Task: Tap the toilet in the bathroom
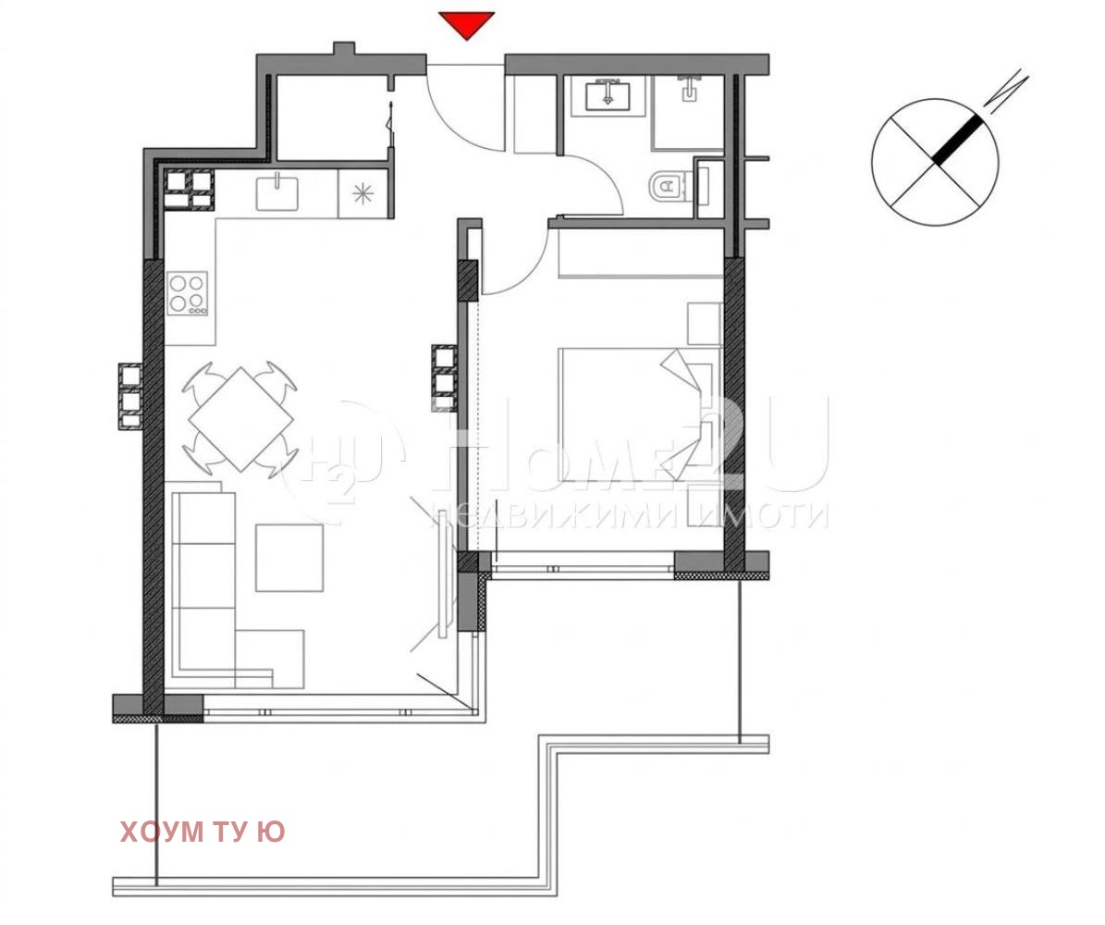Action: (666, 188)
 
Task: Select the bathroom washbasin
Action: (606, 94)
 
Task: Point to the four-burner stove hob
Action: (188, 294)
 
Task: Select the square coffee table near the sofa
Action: (289, 557)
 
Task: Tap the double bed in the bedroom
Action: (629, 414)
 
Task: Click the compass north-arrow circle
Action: (935, 162)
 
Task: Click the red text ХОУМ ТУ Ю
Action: (202, 832)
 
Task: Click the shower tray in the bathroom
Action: (689, 111)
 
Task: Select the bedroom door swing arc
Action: (509, 268)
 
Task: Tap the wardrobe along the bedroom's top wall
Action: (640, 253)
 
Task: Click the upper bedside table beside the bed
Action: (704, 324)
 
